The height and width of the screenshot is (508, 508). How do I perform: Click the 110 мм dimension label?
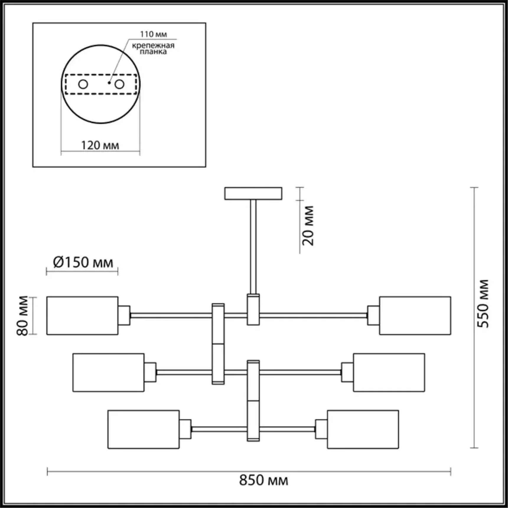click(x=153, y=34)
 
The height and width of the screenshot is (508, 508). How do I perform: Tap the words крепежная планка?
click(x=153, y=49)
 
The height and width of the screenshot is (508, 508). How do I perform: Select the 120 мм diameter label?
click(x=100, y=145)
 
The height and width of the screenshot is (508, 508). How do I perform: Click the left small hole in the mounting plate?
click(x=83, y=84)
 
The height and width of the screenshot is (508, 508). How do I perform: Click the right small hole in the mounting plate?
click(x=119, y=84)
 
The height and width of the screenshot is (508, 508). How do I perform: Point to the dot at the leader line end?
click(x=109, y=83)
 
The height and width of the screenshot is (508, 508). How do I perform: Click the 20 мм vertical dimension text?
click(x=308, y=226)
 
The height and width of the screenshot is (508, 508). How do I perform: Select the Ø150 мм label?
click(x=83, y=262)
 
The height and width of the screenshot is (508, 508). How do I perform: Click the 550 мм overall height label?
click(x=483, y=303)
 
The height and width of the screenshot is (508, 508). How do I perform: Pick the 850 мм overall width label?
click(x=263, y=480)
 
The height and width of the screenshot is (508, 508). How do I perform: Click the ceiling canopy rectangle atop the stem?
click(x=253, y=193)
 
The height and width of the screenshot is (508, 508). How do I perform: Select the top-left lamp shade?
click(x=82, y=315)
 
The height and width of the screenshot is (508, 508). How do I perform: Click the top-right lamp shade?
click(x=415, y=315)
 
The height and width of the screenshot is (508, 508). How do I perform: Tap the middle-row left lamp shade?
click(x=108, y=372)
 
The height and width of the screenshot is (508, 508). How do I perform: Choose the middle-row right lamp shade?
click(x=389, y=372)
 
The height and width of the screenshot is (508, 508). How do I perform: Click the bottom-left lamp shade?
click(x=144, y=429)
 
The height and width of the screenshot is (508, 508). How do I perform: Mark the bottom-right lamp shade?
click(x=363, y=429)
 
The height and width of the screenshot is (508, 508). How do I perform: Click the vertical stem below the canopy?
click(x=253, y=247)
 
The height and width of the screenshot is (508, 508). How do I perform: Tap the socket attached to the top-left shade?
click(x=124, y=315)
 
